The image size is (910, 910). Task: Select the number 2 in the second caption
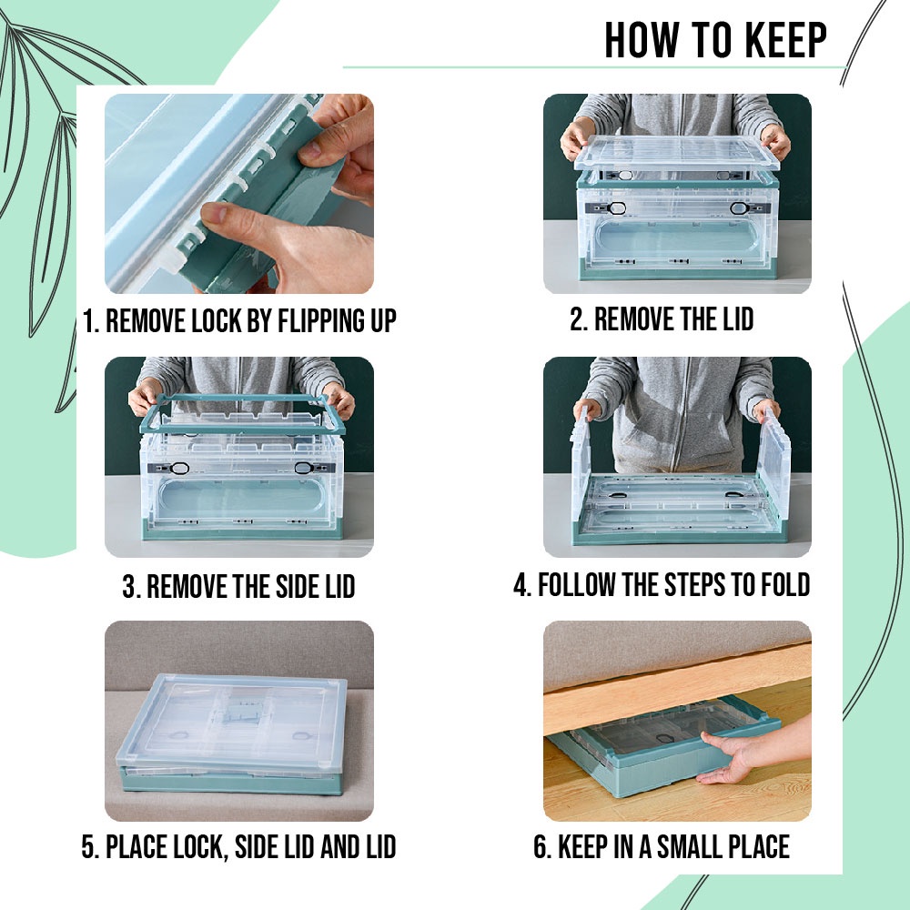(x=576, y=319)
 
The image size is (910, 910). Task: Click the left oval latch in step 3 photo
(x=178, y=468)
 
